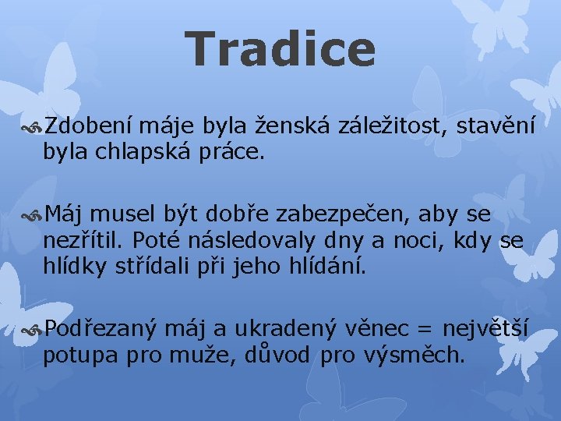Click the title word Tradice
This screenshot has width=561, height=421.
280,48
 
